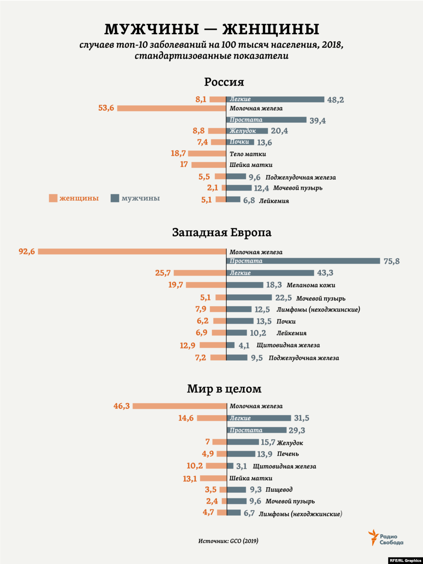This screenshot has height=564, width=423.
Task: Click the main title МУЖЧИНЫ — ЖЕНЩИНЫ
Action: point(211,29)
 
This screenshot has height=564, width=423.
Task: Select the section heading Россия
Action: point(224,82)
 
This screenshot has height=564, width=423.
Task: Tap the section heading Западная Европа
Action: point(221,232)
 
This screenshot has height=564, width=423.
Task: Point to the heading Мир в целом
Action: point(224,389)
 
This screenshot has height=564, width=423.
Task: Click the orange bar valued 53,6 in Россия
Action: point(171,108)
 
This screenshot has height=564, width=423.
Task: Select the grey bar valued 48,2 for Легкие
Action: point(275,99)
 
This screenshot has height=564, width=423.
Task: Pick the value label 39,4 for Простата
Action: point(317,121)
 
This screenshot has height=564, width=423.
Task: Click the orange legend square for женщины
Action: point(53,198)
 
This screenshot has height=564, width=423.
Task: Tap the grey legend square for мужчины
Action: point(115,198)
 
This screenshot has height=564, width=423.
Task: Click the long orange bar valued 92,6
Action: point(132,251)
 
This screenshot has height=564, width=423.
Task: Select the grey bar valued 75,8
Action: point(303,261)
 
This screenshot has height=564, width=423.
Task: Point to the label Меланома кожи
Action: point(311,285)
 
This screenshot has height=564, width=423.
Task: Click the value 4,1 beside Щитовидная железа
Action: point(244,345)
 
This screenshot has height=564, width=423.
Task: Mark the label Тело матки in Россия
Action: point(248,154)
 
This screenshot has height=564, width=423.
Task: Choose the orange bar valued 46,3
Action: point(179,406)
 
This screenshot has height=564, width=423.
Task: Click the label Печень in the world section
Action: point(288,454)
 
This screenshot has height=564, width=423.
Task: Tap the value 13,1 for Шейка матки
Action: point(190,478)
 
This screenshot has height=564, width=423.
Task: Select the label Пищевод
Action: point(279,490)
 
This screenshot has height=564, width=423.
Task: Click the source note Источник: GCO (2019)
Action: point(228,541)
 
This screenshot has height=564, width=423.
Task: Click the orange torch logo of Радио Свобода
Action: point(373,537)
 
